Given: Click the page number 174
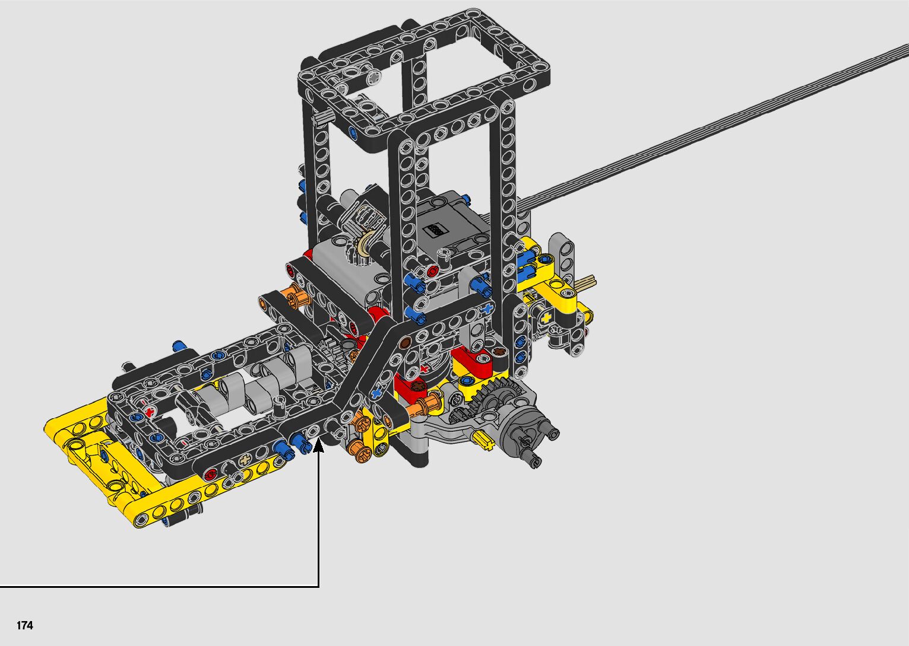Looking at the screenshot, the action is tap(25, 625).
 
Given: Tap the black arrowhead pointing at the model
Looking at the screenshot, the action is tap(319, 445).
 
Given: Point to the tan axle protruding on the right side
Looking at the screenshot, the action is tap(587, 281).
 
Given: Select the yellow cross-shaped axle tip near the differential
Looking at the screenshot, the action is tap(484, 441).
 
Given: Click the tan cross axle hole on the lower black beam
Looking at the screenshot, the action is tap(245, 460).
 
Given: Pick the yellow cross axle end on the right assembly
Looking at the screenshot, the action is tap(546, 319).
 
